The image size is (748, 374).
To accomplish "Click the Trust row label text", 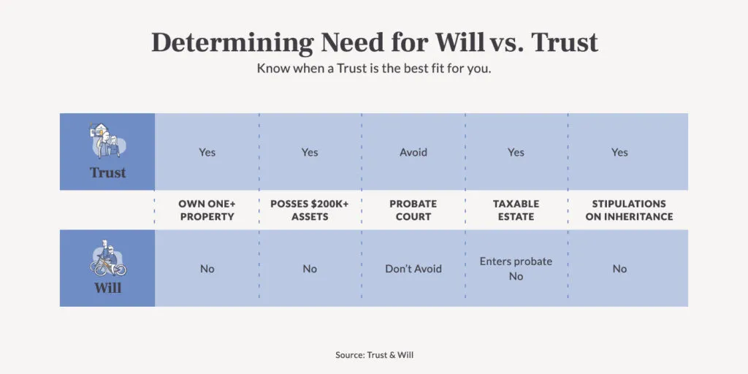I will (107, 173).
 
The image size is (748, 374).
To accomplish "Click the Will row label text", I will (107, 288).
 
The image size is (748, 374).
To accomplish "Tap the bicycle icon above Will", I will (107, 259).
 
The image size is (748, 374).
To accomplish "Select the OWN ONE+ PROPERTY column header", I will (207, 210).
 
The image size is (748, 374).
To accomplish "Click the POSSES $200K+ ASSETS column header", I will (310, 210).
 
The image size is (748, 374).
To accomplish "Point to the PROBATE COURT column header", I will (413, 210).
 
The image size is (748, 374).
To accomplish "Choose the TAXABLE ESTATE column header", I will (516, 210).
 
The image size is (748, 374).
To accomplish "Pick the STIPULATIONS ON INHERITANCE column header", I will (629, 210).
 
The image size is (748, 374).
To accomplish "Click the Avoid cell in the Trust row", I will (413, 153).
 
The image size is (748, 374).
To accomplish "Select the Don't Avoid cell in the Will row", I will (413, 269).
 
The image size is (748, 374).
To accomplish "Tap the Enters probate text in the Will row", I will (516, 262).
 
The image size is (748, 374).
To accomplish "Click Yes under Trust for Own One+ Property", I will (207, 153).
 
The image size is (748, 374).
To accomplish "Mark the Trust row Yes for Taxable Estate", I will (516, 153).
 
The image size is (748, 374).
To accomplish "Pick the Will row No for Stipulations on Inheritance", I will (619, 269).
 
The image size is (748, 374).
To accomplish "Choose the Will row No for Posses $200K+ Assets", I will (310, 269).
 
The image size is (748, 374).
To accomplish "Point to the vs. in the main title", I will (508, 43).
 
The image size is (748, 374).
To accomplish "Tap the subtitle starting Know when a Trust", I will (373, 68).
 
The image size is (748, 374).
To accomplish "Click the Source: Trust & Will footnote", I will (374, 355).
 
